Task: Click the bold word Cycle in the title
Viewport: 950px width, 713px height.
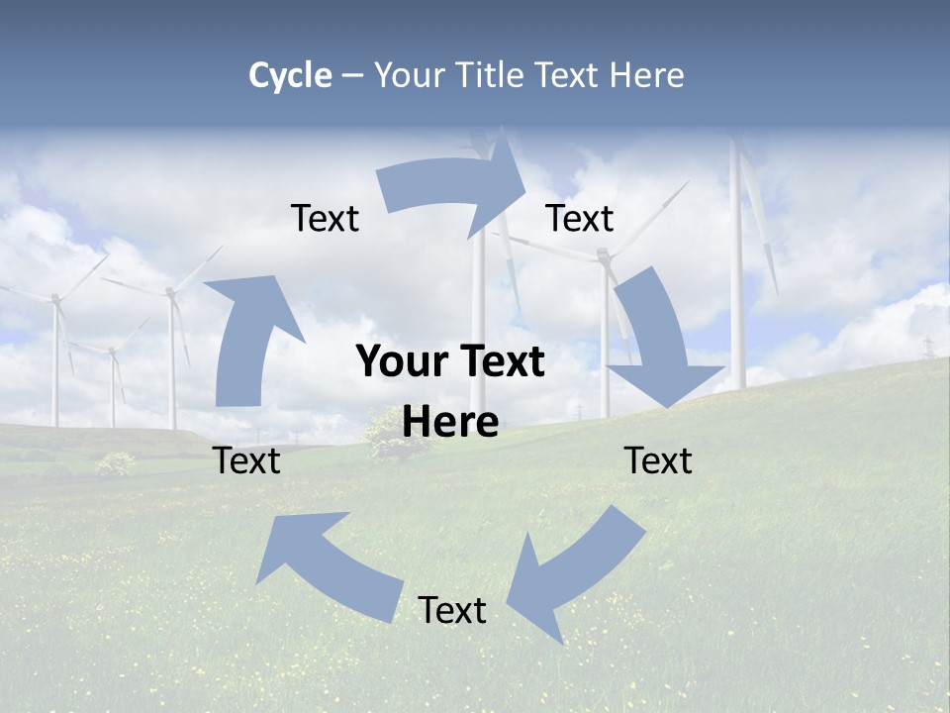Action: point(290,75)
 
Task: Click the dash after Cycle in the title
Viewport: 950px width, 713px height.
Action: point(352,76)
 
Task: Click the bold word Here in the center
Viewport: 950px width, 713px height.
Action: point(450,423)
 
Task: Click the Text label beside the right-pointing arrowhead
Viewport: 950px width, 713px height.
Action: point(580,219)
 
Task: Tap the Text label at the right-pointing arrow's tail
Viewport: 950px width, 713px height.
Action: point(325,219)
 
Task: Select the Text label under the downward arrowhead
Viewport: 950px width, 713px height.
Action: point(658,461)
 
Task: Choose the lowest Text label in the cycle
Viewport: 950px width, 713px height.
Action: point(452,611)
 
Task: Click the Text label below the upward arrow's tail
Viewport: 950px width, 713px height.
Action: point(246,461)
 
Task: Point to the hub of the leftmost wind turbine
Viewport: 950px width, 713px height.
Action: point(55,298)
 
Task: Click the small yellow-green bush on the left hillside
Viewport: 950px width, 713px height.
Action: point(116,462)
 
